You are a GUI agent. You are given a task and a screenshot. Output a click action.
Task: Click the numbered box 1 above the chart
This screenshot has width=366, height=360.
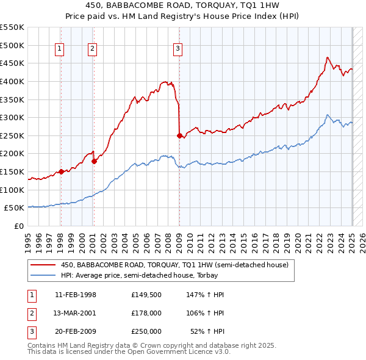tap(60, 49)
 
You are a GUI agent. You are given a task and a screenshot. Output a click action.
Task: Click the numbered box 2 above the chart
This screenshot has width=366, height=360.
tap(92, 49)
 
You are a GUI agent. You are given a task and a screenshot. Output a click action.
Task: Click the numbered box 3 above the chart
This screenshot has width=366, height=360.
tap(178, 49)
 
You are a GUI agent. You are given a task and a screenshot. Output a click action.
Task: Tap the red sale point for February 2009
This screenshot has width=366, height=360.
tap(179, 135)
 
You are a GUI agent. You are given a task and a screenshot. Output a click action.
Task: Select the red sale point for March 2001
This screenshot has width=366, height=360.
tap(95, 161)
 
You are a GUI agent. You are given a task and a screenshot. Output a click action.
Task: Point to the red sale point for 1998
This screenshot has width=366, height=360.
tap(62, 171)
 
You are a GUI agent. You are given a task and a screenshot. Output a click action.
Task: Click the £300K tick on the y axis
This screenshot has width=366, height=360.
tap(13, 117)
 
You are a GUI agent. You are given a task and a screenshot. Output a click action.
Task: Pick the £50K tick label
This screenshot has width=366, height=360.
tap(15, 208)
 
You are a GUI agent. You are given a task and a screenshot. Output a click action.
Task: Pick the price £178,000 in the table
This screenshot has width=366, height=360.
tap(146, 313)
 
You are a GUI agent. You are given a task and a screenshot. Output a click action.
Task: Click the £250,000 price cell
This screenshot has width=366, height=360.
tap(146, 331)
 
